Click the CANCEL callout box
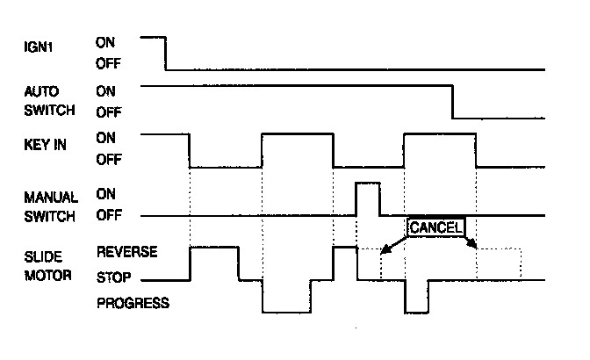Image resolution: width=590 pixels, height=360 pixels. tap(435, 227)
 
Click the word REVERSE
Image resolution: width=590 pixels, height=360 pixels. tap(126, 252)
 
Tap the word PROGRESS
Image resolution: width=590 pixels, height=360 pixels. tap(133, 304)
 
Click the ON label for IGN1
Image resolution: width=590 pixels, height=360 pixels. tap(104, 40)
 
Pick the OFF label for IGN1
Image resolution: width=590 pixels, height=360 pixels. tap(107, 63)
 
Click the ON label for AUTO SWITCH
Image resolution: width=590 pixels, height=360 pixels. tap(104, 90)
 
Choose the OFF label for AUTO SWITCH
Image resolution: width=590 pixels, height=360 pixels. tap(107, 112)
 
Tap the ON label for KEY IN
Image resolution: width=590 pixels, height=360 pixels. tap(104, 137)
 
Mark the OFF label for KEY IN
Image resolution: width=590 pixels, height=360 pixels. tap(107, 160)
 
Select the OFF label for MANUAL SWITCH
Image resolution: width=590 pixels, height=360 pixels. tap(107, 215)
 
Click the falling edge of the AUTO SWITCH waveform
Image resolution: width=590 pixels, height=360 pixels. tap(452, 102)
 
